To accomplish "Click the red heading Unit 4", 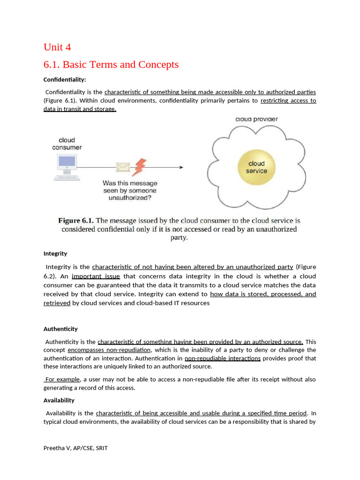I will point(57,47).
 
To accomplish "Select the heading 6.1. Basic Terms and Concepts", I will point(111,65).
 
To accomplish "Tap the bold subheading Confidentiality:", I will point(65,80).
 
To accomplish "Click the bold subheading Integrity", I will point(55,254).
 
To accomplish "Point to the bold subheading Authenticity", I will point(60,329).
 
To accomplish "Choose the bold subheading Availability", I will point(59,400).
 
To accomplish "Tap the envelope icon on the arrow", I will point(123,167).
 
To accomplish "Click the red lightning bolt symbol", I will point(140,166).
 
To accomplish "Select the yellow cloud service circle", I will point(256,167).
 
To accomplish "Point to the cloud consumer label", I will point(67,144).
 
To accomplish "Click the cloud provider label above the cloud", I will point(256,119).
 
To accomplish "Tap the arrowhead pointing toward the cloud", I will point(180,167).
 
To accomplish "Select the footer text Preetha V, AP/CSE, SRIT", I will point(75,448).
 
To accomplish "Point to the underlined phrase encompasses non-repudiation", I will point(109,350).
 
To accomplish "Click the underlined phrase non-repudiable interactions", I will point(223,359).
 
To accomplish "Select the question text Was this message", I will point(130,183).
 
